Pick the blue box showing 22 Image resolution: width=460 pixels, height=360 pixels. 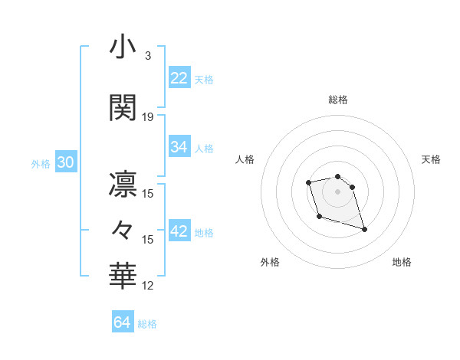click(179, 77)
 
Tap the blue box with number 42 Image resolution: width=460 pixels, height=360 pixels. click(179, 231)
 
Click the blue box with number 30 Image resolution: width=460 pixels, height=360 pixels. click(65, 162)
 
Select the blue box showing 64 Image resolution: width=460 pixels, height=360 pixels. click(123, 322)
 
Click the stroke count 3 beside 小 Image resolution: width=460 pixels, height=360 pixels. click(147, 55)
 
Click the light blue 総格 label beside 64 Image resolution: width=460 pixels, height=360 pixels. click(147, 324)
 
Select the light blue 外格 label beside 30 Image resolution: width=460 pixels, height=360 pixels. click(41, 164)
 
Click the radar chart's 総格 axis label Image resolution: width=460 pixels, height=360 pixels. click(338, 100)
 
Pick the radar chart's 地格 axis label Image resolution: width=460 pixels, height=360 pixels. click(402, 263)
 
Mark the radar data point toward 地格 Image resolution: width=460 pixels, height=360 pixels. click(364, 229)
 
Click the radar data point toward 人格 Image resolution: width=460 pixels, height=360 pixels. click(308, 182)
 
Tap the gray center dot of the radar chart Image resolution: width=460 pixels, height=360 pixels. click(337, 191)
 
